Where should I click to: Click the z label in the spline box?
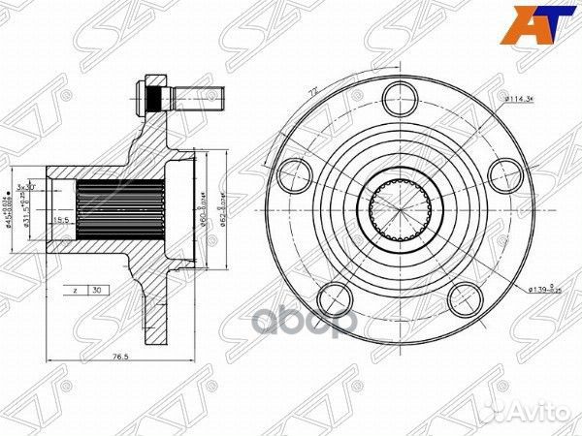[75, 290]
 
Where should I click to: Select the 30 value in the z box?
[97, 290]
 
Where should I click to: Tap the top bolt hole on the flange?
[397, 96]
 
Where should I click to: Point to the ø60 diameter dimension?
[205, 207]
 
